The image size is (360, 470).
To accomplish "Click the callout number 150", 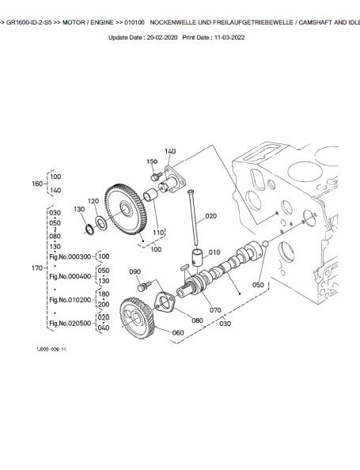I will [153, 161].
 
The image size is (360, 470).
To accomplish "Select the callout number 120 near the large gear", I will [93, 201].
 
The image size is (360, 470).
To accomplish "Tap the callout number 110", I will [157, 233].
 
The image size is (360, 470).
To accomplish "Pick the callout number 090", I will [135, 272].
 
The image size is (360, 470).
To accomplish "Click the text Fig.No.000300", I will [71, 256].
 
